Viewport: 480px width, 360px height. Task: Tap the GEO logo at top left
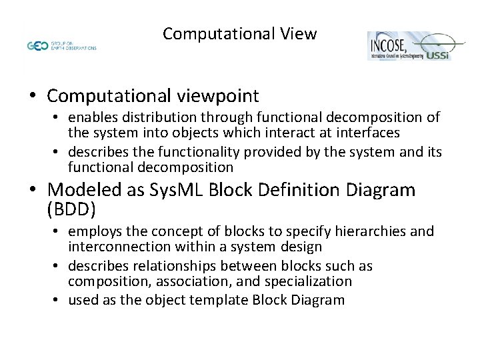pos(37,46)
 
